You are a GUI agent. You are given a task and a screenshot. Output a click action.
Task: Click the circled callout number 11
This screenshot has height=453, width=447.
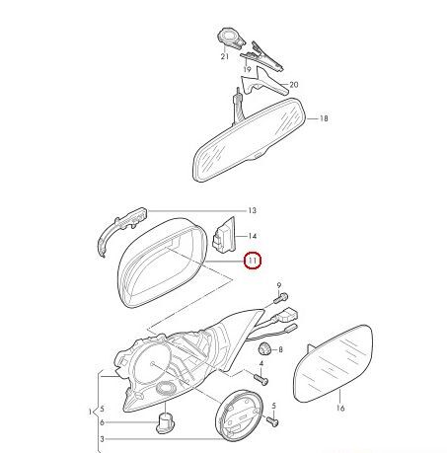pyautogui.click(x=253, y=261)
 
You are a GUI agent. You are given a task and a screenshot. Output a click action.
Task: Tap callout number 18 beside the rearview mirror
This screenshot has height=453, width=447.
pyautogui.click(x=324, y=118)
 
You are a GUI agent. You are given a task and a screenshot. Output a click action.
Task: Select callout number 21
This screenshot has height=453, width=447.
pyautogui.click(x=225, y=56)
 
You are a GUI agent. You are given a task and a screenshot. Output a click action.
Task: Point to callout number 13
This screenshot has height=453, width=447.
pyautogui.click(x=252, y=210)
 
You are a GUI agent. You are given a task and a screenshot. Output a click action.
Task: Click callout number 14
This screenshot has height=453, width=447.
pyautogui.click(x=252, y=236)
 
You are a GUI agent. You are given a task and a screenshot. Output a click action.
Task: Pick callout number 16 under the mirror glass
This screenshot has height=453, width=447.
pyautogui.click(x=340, y=409)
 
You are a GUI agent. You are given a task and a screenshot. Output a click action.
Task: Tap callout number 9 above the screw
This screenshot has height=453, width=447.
pyautogui.click(x=279, y=285)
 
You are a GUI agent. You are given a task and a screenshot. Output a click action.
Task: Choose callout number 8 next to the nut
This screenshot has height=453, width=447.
pyautogui.click(x=280, y=349)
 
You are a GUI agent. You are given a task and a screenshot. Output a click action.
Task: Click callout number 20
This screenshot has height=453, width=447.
pyautogui.click(x=294, y=85)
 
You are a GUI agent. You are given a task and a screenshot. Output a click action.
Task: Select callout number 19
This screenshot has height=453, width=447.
pyautogui.click(x=247, y=69)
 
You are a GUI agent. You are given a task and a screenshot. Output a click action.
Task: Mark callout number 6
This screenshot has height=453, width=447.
pyautogui.click(x=102, y=422)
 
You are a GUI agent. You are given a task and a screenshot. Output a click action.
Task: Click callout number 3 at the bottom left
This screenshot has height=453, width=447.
pyautogui.click(x=102, y=439)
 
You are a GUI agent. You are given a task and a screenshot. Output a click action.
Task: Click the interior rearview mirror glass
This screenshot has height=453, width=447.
pyautogui.click(x=249, y=139)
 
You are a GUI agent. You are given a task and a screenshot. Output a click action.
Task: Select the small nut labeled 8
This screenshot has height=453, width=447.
pyautogui.click(x=264, y=348)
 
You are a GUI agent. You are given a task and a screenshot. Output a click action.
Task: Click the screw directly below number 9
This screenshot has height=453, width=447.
pyautogui.click(x=281, y=298)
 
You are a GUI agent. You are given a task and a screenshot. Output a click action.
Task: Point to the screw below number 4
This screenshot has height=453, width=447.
pyautogui.click(x=261, y=380)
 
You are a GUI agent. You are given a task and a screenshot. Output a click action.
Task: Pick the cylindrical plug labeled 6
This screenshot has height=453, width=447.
pyautogui.click(x=165, y=422)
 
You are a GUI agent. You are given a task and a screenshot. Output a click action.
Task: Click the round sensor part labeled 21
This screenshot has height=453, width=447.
pyautogui.click(x=231, y=38)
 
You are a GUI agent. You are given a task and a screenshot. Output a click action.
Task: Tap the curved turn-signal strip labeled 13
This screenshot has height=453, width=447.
pyautogui.click(x=121, y=228)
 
